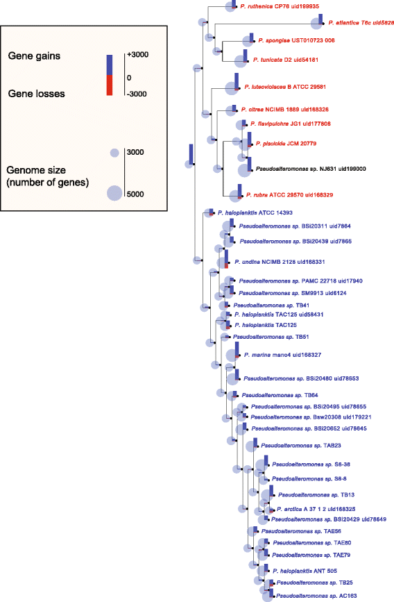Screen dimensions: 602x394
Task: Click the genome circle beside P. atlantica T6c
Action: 317,23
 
